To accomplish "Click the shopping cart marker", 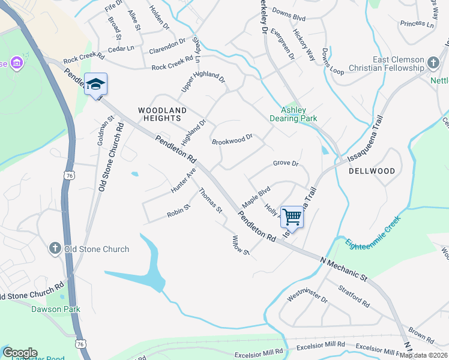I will tap(292, 217).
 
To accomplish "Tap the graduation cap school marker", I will tap(96, 84).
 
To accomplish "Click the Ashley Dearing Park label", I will tap(300, 114).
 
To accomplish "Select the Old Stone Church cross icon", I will tap(55, 249).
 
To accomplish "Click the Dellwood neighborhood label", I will tap(372, 171).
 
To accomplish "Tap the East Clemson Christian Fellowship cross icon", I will tap(433, 61).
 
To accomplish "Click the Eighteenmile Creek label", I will tap(373, 236).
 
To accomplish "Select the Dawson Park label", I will tap(56, 309).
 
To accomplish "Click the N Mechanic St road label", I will tap(344, 268).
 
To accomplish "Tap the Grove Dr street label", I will tap(286, 163).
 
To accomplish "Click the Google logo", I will tap(20, 353).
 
